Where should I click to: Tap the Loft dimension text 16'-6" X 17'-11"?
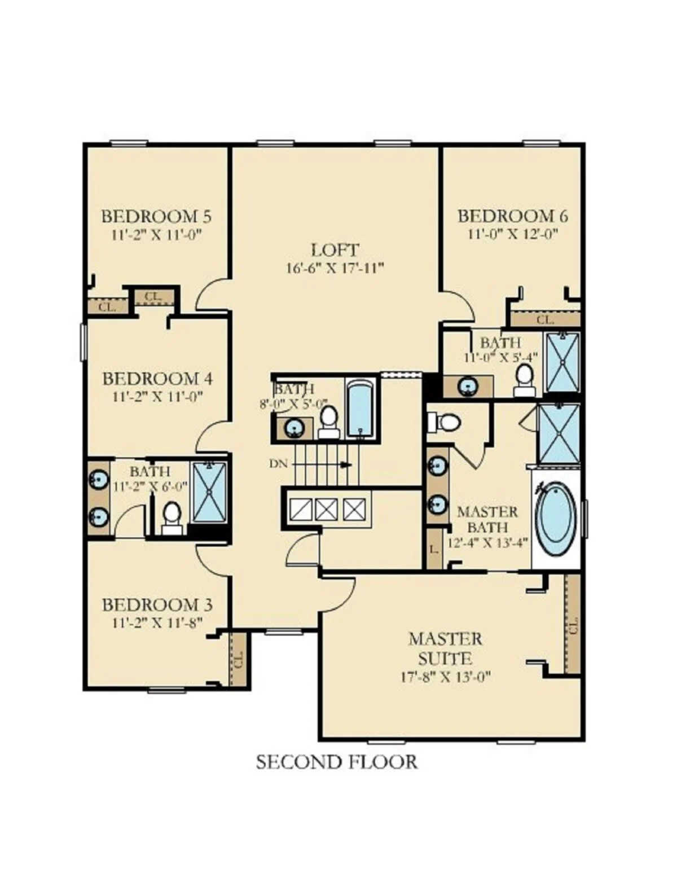tap(335, 268)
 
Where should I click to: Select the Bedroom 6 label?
tap(513, 217)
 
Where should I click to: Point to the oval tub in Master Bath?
tap(556, 520)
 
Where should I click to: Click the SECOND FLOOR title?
tap(336, 762)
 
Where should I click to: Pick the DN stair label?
tap(278, 464)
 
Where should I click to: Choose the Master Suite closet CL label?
tap(572, 625)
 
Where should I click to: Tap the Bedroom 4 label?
tap(157, 379)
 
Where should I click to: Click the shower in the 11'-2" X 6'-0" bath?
tap(210, 492)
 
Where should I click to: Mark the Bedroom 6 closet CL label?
tap(546, 320)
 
